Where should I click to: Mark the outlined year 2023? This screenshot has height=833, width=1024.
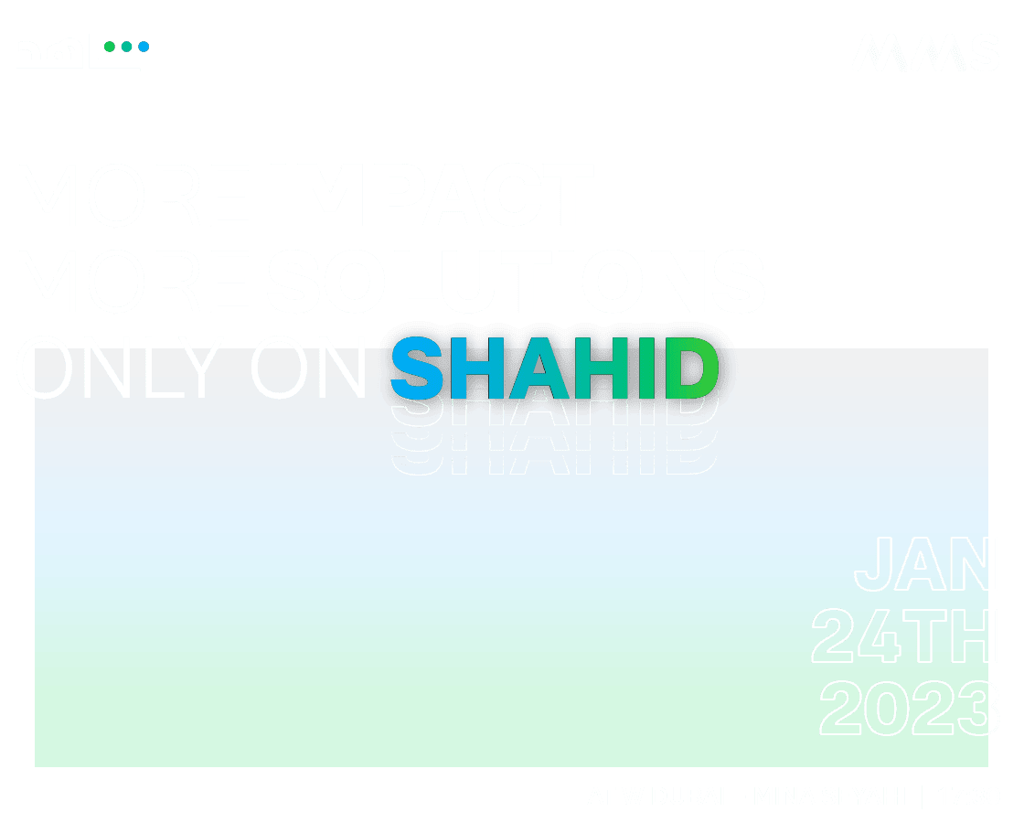click(908, 708)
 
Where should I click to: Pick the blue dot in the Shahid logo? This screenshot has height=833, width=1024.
click(144, 46)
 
